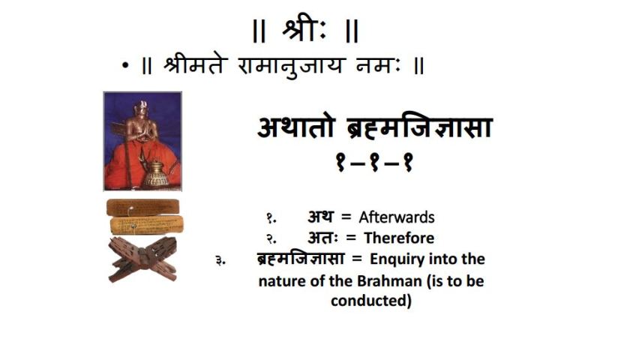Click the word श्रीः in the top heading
pyautogui.click(x=305, y=30)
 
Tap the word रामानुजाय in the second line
pyautogui.click(x=291, y=64)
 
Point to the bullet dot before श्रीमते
pyautogui.click(x=125, y=66)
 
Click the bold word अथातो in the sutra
pyautogui.click(x=295, y=127)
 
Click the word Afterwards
pyautogui.click(x=397, y=217)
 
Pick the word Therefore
pyautogui.click(x=399, y=238)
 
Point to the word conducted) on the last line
pyautogui.click(x=371, y=301)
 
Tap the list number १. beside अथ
pyautogui.click(x=271, y=218)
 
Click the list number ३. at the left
pyautogui.click(x=220, y=261)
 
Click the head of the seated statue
pyautogui.click(x=141, y=109)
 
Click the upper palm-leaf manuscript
pyautogui.click(x=142, y=207)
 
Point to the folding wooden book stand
pyautogui.click(x=142, y=259)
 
